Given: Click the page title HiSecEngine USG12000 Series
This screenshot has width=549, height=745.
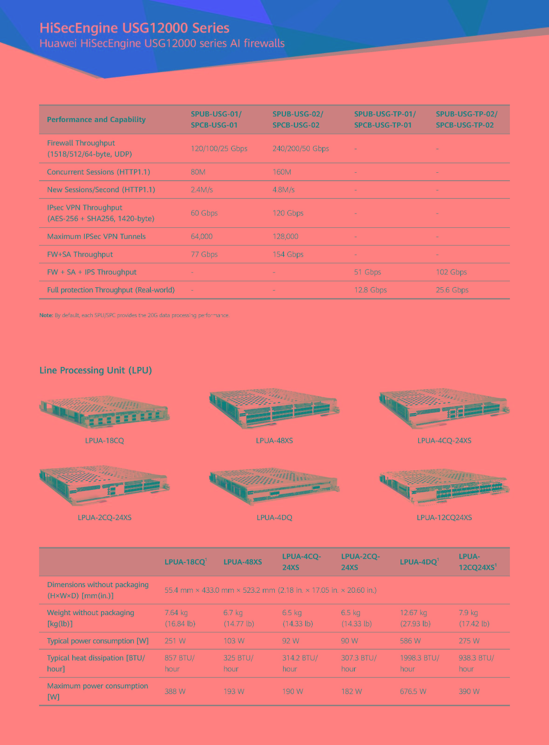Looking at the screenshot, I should pyautogui.click(x=135, y=28).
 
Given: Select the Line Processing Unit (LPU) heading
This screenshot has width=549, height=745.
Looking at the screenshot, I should pyautogui.click(x=95, y=370).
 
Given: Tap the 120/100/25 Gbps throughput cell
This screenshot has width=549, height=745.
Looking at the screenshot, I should pyautogui.click(x=219, y=149).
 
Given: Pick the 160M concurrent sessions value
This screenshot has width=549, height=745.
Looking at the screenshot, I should pyautogui.click(x=282, y=172).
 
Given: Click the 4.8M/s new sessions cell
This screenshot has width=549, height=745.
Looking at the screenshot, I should pyautogui.click(x=284, y=190).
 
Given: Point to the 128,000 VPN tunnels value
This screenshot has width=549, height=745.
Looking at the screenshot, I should pyautogui.click(x=285, y=237).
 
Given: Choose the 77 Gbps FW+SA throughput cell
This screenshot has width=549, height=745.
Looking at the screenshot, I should pyautogui.click(x=204, y=254).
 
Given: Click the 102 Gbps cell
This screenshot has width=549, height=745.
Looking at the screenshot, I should pyautogui.click(x=451, y=272).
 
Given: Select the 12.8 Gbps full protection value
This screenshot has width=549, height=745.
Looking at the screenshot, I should pyautogui.click(x=370, y=290).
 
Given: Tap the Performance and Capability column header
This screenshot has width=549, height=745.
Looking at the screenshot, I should pyautogui.click(x=96, y=120).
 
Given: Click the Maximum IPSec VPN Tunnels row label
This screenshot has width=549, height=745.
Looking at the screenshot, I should pyautogui.click(x=96, y=237).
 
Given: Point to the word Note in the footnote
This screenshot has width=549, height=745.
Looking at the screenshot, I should pyautogui.click(x=46, y=315).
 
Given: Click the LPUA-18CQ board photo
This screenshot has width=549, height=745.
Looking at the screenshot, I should pyautogui.click(x=105, y=412).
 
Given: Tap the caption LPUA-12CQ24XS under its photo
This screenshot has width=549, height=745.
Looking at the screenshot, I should pyautogui.click(x=444, y=517).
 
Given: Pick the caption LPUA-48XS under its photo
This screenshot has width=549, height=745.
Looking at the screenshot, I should pyautogui.click(x=274, y=440).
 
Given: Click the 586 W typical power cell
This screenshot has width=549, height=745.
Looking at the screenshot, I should pyautogui.click(x=410, y=641).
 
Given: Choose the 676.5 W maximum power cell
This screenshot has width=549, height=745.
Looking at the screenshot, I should pyautogui.click(x=413, y=691).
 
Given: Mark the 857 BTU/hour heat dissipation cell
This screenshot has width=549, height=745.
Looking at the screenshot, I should pyautogui.click(x=180, y=663).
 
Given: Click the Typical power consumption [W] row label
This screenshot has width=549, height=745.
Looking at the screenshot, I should pyautogui.click(x=98, y=641).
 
